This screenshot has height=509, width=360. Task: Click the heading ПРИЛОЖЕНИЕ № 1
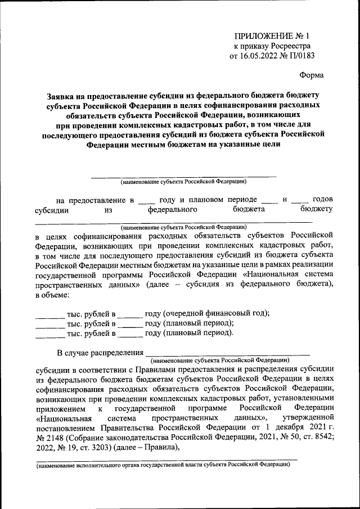tap(272, 35)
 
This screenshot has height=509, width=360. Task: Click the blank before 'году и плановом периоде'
tap(146, 201)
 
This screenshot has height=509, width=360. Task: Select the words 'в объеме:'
tap(52, 295)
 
